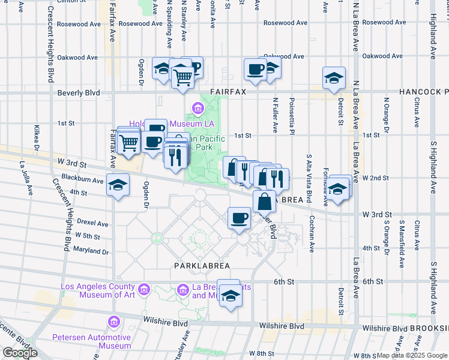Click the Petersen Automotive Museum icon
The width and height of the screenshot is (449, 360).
click(113, 323)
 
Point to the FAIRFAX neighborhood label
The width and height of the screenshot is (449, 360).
click(226, 92)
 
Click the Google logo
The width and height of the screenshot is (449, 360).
click(20, 353)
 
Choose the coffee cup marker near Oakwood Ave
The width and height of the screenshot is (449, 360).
click(255, 70)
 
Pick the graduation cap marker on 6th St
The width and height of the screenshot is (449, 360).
click(229, 296)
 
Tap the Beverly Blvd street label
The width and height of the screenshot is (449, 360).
click(78, 93)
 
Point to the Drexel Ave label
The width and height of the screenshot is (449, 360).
click(92, 223)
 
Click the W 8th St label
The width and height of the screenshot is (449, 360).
click(262, 355)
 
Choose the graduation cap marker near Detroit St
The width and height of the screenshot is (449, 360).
click(334, 77)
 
